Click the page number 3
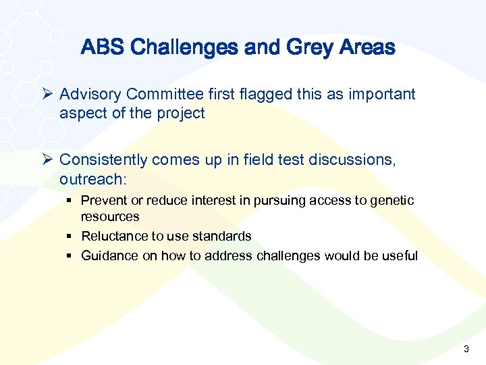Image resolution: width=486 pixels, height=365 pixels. click(x=466, y=349)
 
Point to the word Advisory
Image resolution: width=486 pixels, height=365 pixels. click(x=90, y=95)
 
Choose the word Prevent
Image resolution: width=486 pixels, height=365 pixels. click(x=103, y=201)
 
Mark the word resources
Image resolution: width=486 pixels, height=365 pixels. click(x=110, y=217)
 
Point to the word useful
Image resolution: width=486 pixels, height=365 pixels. click(x=400, y=256)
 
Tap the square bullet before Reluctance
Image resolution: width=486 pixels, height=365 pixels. click(x=70, y=237)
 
